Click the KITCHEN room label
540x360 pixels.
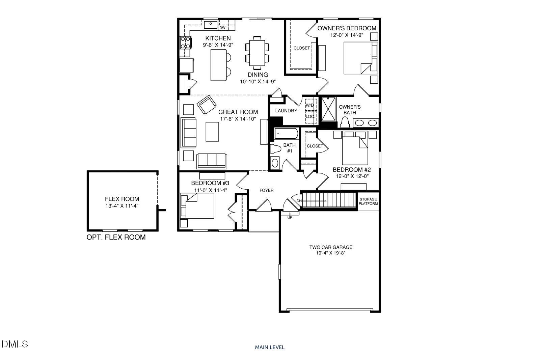point(218,38)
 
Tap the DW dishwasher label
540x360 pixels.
point(222,28)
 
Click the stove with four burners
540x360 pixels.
point(185,43)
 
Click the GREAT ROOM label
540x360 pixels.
point(238,112)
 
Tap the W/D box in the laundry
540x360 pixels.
point(310,105)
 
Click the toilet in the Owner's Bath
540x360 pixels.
point(345,122)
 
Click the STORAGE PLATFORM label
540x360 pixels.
point(368,201)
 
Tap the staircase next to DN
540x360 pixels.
point(329,200)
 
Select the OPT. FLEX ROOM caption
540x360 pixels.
point(116,237)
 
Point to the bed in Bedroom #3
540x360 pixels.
point(198,206)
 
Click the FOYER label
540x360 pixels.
point(266,190)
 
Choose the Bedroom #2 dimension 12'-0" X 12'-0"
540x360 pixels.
point(352,176)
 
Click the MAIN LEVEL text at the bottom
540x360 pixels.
point(270,347)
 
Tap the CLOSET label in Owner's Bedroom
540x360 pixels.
point(301,48)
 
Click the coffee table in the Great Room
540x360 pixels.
point(212,132)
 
